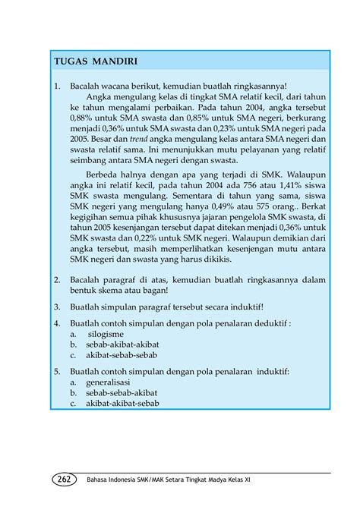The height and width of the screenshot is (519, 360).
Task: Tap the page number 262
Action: pyautogui.click(x=64, y=480)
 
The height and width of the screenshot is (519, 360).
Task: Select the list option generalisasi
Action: pyautogui.click(x=109, y=382)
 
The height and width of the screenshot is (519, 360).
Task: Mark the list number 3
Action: pyautogui.click(x=56, y=307)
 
